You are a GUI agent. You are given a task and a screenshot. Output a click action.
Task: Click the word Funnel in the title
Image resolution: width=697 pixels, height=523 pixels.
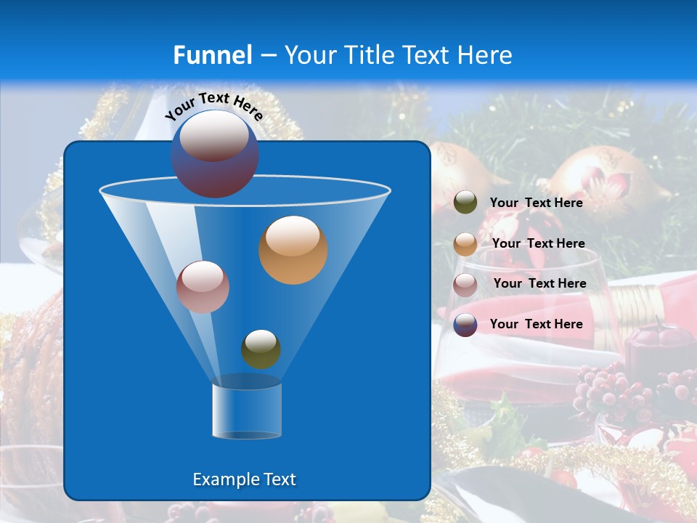[213, 55]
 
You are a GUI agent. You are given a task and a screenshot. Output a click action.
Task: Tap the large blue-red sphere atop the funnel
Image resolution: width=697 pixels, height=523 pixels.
[215, 153]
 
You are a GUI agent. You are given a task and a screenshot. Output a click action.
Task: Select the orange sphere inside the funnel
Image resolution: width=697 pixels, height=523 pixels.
[293, 250]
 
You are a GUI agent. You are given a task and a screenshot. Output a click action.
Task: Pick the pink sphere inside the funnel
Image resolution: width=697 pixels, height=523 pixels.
[203, 287]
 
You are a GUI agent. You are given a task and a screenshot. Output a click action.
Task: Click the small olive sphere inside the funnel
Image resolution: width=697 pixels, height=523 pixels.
[261, 349]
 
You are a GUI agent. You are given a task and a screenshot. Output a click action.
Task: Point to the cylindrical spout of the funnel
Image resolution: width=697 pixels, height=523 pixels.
[247, 411]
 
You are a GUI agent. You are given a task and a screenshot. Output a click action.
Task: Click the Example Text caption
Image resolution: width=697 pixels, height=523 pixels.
[245, 479]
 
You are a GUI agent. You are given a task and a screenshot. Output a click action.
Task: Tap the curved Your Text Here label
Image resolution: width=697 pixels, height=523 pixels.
[214, 106]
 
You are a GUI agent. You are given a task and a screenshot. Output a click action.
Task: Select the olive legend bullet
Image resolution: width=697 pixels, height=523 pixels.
[465, 203]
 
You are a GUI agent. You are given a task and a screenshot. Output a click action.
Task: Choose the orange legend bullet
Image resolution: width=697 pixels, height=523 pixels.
[465, 243]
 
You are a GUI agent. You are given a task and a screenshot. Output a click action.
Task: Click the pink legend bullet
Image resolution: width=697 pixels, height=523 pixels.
[465, 284]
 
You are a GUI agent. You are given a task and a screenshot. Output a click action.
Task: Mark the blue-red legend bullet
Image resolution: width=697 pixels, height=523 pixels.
[465, 325]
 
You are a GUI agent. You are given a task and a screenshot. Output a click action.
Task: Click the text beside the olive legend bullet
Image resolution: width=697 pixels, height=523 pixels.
[537, 203]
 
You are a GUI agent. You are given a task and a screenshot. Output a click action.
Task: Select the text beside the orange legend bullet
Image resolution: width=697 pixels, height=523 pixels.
[538, 243]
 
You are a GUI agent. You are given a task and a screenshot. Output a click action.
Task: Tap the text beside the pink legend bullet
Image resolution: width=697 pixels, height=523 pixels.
[539, 283]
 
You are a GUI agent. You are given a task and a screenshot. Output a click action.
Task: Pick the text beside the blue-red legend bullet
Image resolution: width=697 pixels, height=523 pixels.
[537, 324]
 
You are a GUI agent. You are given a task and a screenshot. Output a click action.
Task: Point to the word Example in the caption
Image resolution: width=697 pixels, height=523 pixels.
[224, 479]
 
